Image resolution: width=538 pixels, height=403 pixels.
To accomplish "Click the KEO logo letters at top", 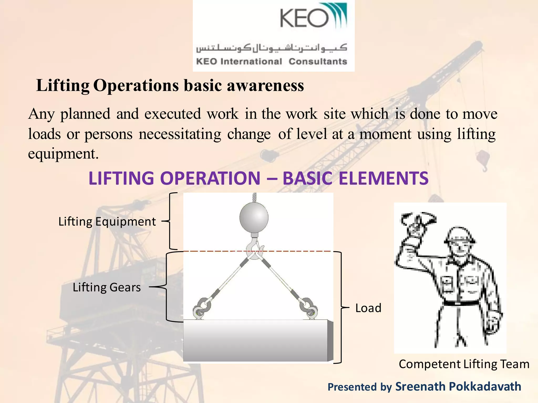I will (x=304, y=18).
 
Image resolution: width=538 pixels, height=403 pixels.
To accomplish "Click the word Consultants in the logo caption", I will (x=318, y=61).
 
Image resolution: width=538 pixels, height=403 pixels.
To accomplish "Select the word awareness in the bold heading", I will (x=265, y=86).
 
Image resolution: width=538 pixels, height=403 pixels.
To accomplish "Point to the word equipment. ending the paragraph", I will (x=63, y=154).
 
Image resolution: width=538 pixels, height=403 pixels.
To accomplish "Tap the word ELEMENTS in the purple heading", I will (x=384, y=178).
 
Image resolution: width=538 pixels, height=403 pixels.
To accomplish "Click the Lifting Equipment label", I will (x=107, y=222).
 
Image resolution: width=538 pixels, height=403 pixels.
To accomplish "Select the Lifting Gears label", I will (x=107, y=287).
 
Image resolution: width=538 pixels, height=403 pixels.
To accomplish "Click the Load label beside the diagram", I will (x=368, y=308).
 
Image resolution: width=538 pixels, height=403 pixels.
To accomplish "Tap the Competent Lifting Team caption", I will (x=464, y=364).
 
